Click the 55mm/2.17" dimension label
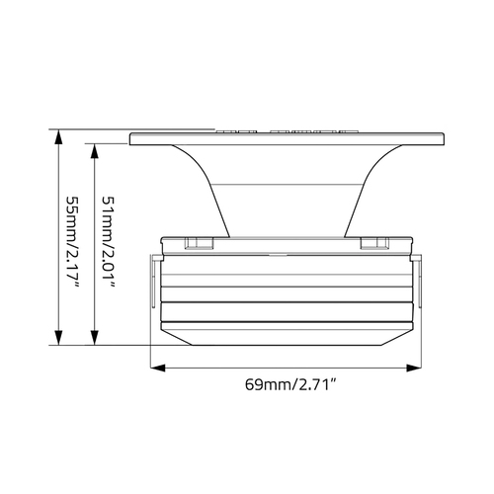(x=72, y=243)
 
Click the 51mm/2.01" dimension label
(x=109, y=242)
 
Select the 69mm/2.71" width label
(x=290, y=384)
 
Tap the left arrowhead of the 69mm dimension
(x=157, y=368)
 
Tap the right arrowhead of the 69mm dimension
(x=414, y=368)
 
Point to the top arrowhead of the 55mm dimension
(x=58, y=136)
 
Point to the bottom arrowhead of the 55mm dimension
(x=58, y=338)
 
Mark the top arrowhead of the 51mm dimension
(x=95, y=151)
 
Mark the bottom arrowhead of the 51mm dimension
(x=95, y=338)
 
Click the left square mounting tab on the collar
(x=199, y=243)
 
